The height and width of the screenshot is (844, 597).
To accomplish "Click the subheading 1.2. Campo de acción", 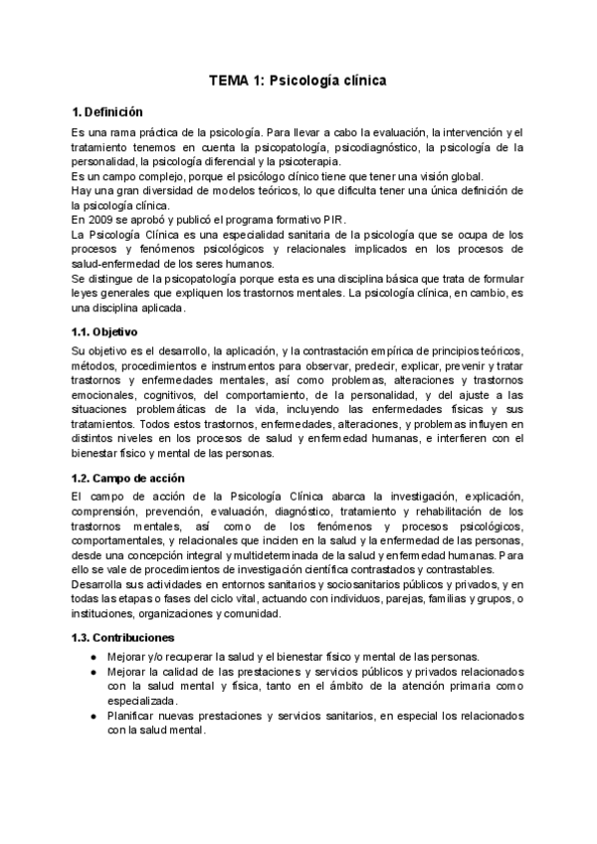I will (x=121, y=478).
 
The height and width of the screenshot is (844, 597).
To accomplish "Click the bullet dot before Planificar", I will (x=94, y=716).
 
